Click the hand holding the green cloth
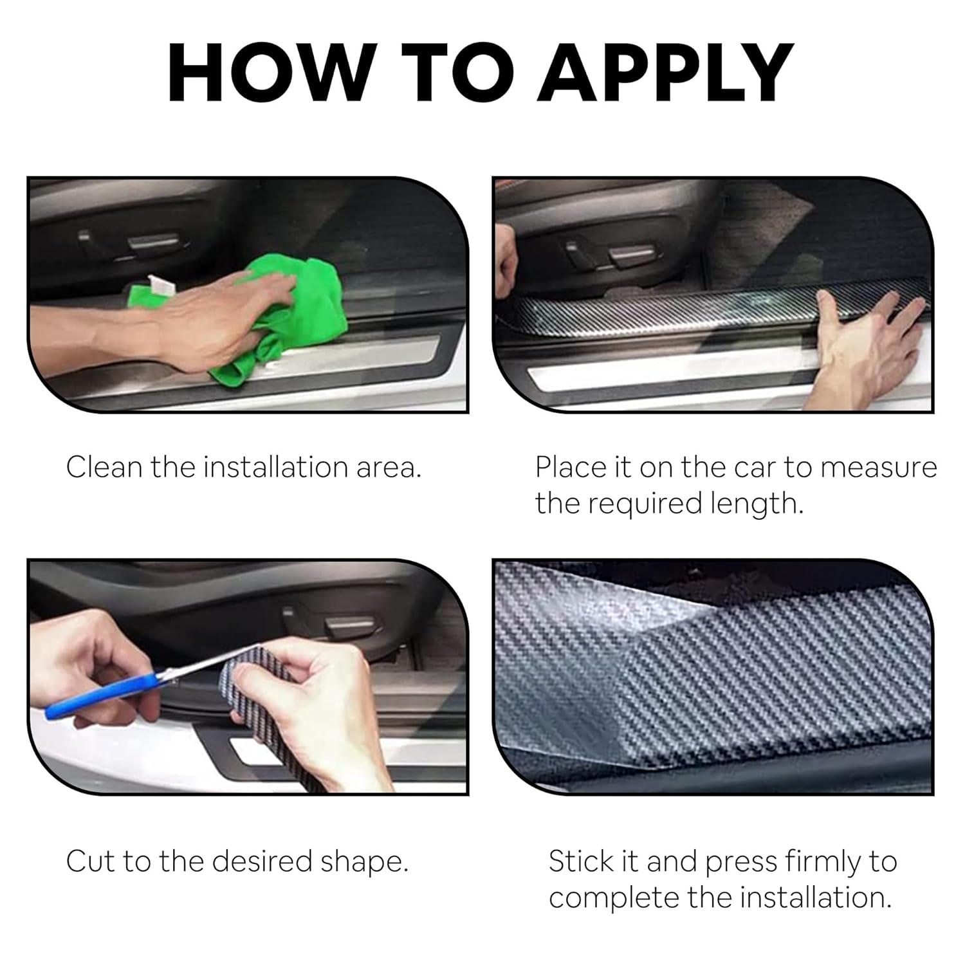coord(212,322)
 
